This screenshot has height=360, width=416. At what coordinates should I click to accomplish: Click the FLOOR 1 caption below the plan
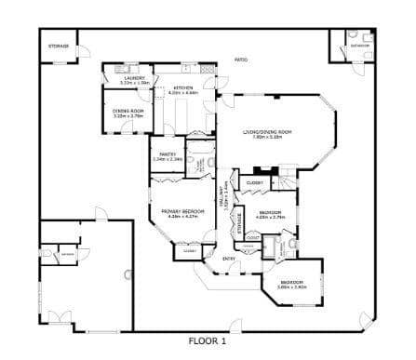pos(208,340)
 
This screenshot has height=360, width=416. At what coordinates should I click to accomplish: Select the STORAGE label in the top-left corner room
pos(58,45)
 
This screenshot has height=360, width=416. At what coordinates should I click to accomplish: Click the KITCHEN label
pos(181,88)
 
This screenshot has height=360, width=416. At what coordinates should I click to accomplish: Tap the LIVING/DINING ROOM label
pos(267,132)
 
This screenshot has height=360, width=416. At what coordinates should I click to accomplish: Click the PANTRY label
pos(168,154)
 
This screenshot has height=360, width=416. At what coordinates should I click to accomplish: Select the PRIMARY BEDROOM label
pos(182,211)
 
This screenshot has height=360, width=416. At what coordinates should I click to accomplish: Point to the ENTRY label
pos(229,258)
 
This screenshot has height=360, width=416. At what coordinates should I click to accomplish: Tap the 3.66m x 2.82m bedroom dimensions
pos(292,287)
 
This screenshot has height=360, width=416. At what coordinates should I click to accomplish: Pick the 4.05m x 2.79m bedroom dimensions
pos(271,219)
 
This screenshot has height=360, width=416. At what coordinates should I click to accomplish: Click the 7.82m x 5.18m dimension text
pos(267,138)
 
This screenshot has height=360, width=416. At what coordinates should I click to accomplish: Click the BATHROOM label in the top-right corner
pos(359,45)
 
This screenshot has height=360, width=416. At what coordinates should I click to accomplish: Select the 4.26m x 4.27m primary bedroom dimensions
pos(182,217)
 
